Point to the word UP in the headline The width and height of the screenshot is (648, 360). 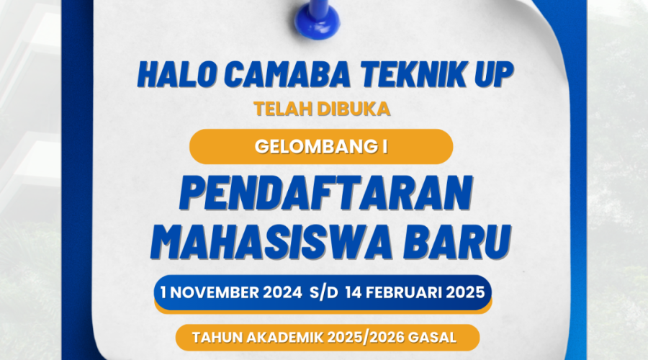click(x=494, y=75)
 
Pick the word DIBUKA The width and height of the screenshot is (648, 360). click(x=354, y=109)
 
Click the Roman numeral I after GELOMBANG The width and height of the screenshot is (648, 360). click(x=385, y=147)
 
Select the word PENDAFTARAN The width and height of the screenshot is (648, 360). click(x=326, y=194)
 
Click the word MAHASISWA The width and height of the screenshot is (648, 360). click(x=271, y=242)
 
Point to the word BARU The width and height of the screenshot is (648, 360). click(x=458, y=242)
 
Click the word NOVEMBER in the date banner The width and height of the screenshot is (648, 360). click(x=214, y=292)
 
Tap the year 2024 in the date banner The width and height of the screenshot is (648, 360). click(x=283, y=292)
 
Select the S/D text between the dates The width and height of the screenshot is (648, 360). click(x=324, y=292)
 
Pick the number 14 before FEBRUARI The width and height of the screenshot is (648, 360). click(x=354, y=292)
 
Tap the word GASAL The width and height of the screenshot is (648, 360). click(x=432, y=338)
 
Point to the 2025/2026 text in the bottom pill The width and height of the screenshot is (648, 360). click(x=366, y=338)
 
